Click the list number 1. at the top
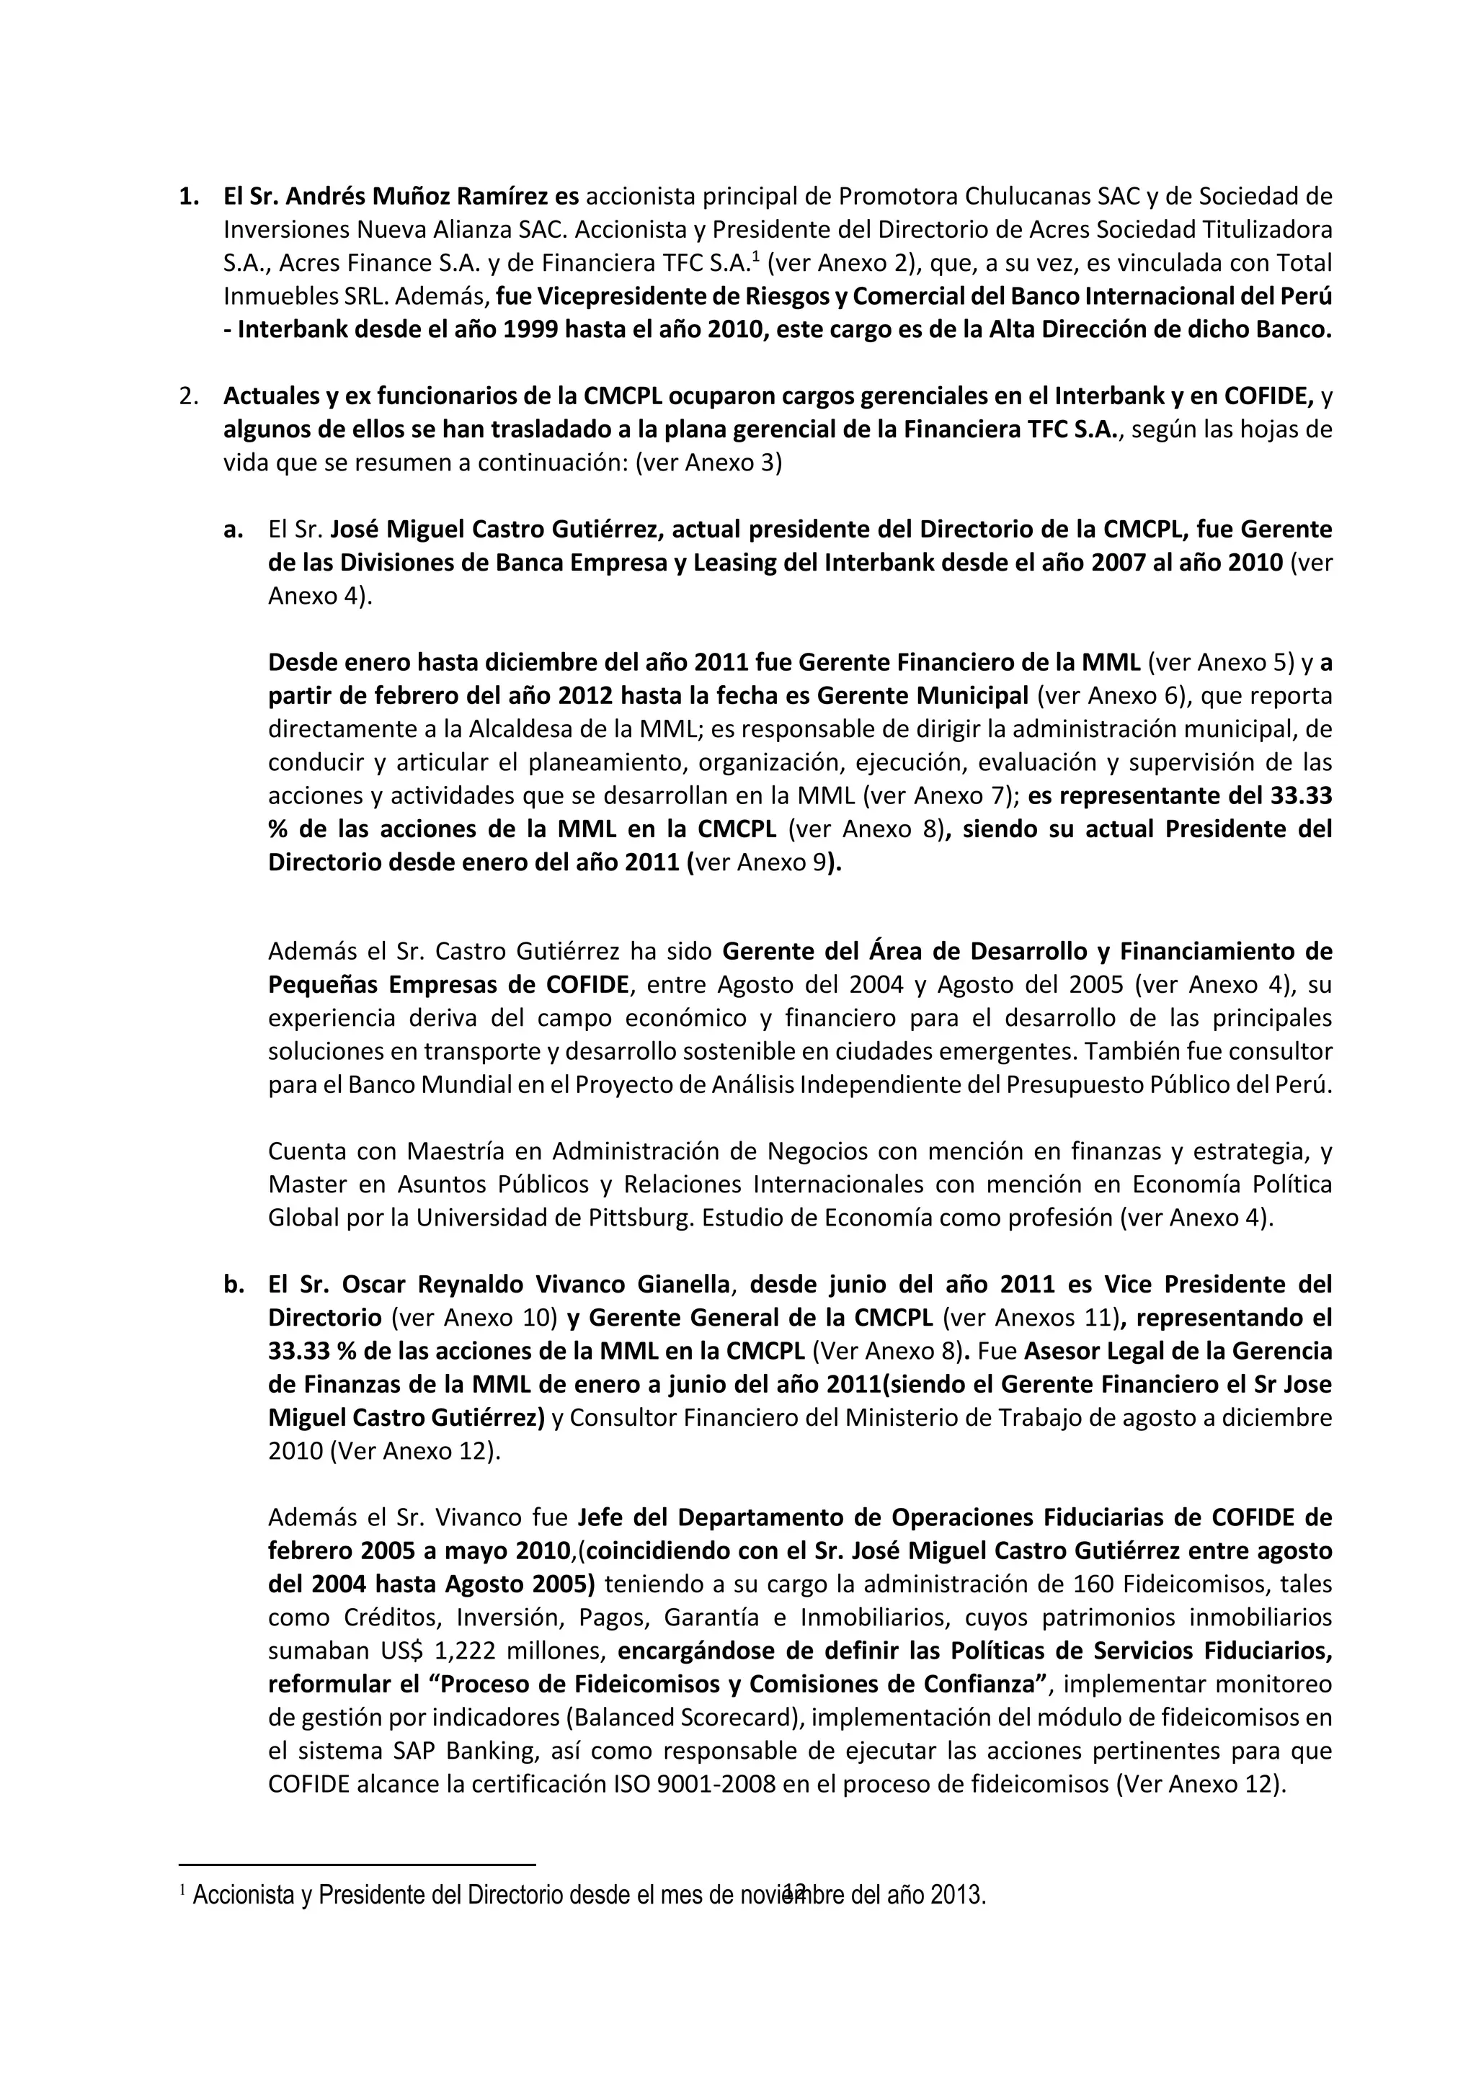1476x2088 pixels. pos(188,197)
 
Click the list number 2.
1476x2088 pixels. pos(188,396)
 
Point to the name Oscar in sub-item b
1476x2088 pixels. pos(375,1284)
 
